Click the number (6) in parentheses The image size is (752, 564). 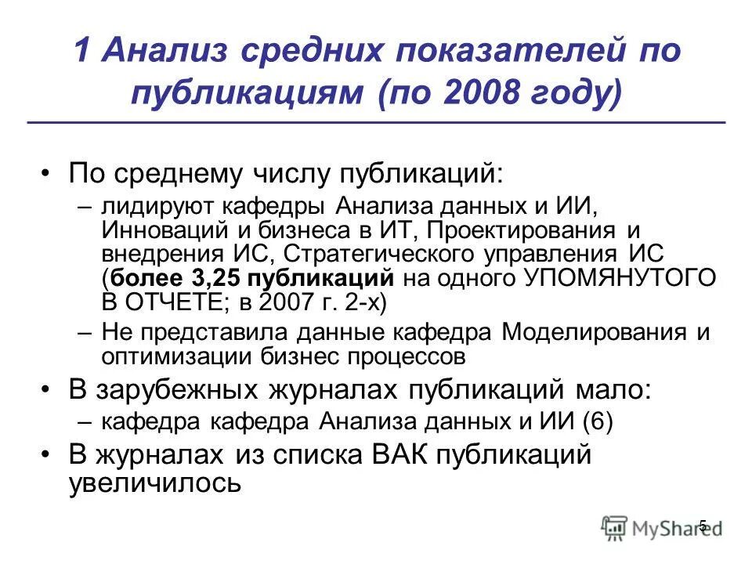[598, 421]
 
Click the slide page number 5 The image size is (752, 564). [702, 526]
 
